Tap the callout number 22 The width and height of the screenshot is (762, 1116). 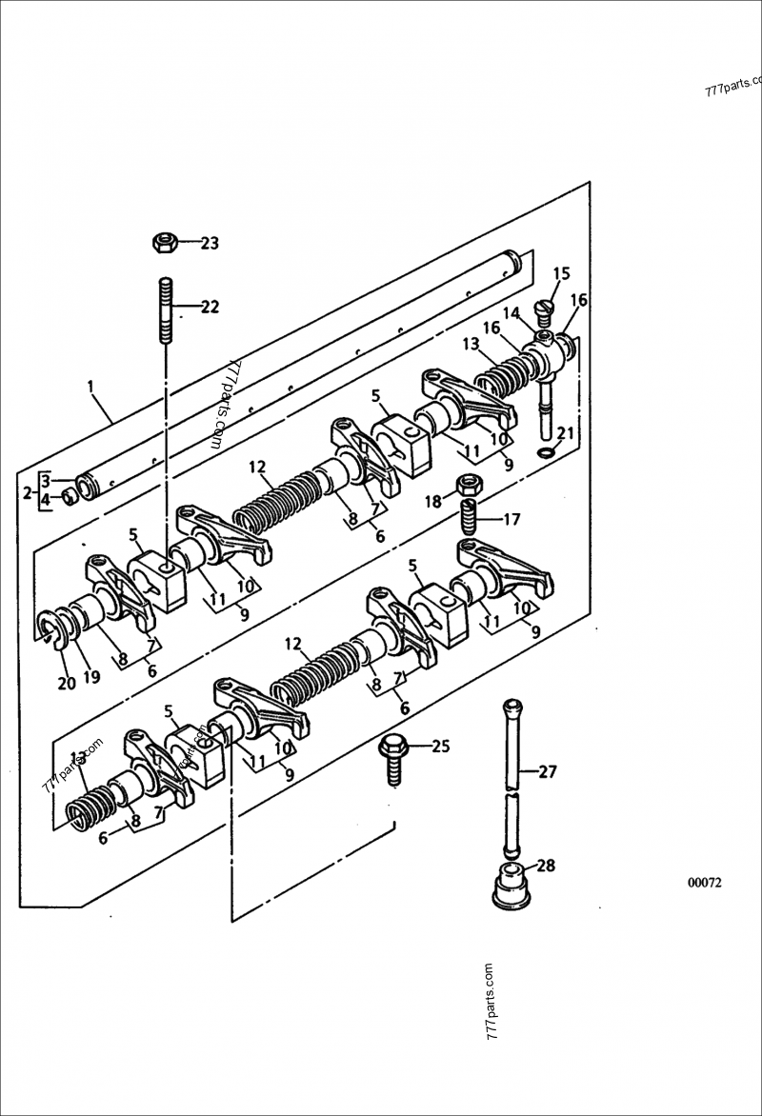209,307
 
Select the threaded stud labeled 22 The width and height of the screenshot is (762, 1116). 164,309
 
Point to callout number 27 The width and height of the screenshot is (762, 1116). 547,771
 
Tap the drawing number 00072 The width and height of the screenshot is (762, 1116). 705,882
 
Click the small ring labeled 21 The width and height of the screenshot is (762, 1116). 545,450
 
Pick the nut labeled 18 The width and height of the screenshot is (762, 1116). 468,484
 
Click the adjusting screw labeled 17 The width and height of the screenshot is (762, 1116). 468,520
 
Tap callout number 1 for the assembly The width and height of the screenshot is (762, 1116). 90,387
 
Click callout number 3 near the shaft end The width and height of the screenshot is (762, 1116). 45,482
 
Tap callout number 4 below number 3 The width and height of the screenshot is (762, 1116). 45,498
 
